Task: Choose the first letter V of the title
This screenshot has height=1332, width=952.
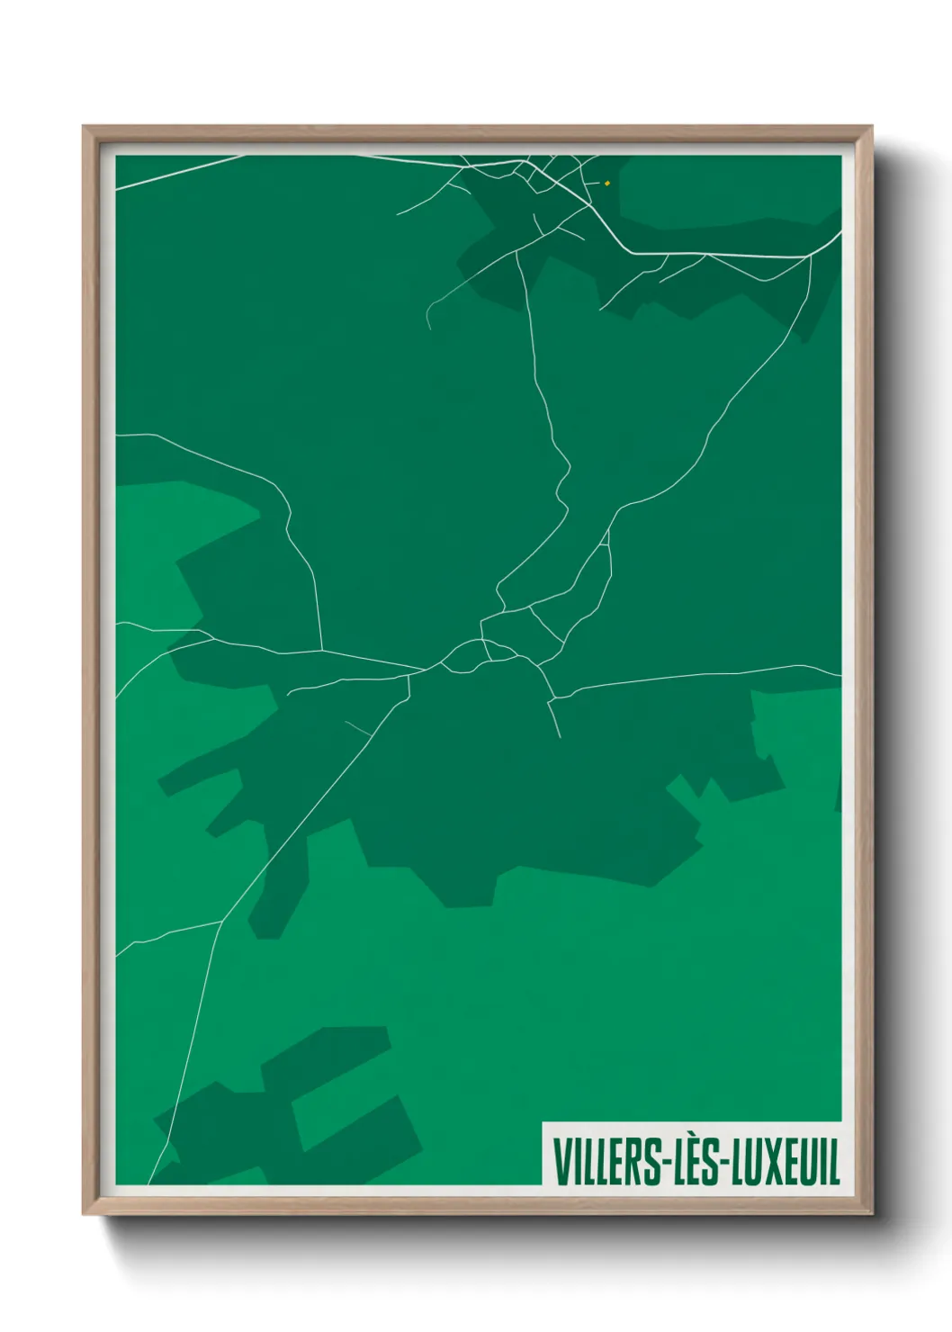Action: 561,1163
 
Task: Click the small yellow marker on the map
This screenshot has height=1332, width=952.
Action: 607,183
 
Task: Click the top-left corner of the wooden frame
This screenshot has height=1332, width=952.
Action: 85,128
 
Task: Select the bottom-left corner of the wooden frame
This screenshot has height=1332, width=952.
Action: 85,1213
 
